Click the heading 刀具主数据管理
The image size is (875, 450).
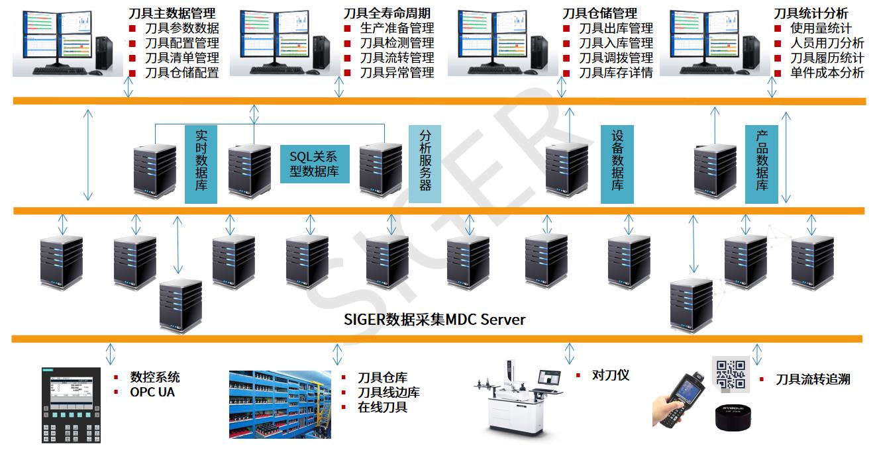pos(172,13)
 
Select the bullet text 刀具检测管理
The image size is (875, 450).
pos(397,43)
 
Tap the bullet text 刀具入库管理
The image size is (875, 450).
pos(616,43)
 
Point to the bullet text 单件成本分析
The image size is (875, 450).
pos(827,73)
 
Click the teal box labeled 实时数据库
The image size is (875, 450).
pos(201,164)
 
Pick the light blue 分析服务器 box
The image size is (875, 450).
pos(425,164)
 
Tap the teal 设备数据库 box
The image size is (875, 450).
pos(617,164)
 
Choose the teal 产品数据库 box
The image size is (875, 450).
pos(762,164)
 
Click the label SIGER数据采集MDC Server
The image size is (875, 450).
pos(435,320)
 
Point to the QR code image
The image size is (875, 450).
pos(731,372)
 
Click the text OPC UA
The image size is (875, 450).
pos(153,392)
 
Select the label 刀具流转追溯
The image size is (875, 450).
pos(813,379)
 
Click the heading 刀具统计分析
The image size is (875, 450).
pos(811,13)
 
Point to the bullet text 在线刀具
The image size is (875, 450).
pos(382,407)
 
